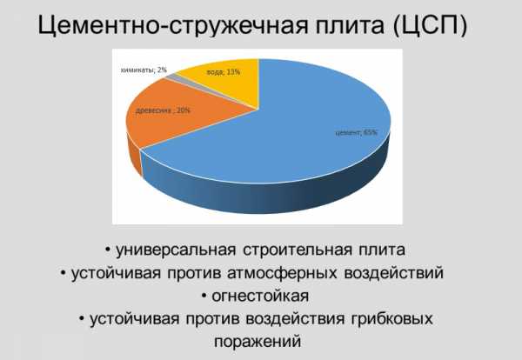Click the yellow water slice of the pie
[x=230, y=82]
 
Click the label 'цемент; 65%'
[x=356, y=132]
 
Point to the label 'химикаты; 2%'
[x=144, y=70]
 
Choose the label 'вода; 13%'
[x=223, y=72]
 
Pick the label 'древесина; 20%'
[x=163, y=110]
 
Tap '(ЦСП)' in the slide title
[x=430, y=25]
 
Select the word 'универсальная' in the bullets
[x=176, y=250]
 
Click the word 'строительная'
[x=298, y=250]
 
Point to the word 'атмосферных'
[x=282, y=273]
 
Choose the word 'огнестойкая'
[x=260, y=297]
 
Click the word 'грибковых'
[x=391, y=319]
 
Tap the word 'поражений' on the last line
[x=258, y=342]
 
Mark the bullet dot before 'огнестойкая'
[x=204, y=296]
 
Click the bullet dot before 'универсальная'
[x=108, y=250]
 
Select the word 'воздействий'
[x=394, y=273]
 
